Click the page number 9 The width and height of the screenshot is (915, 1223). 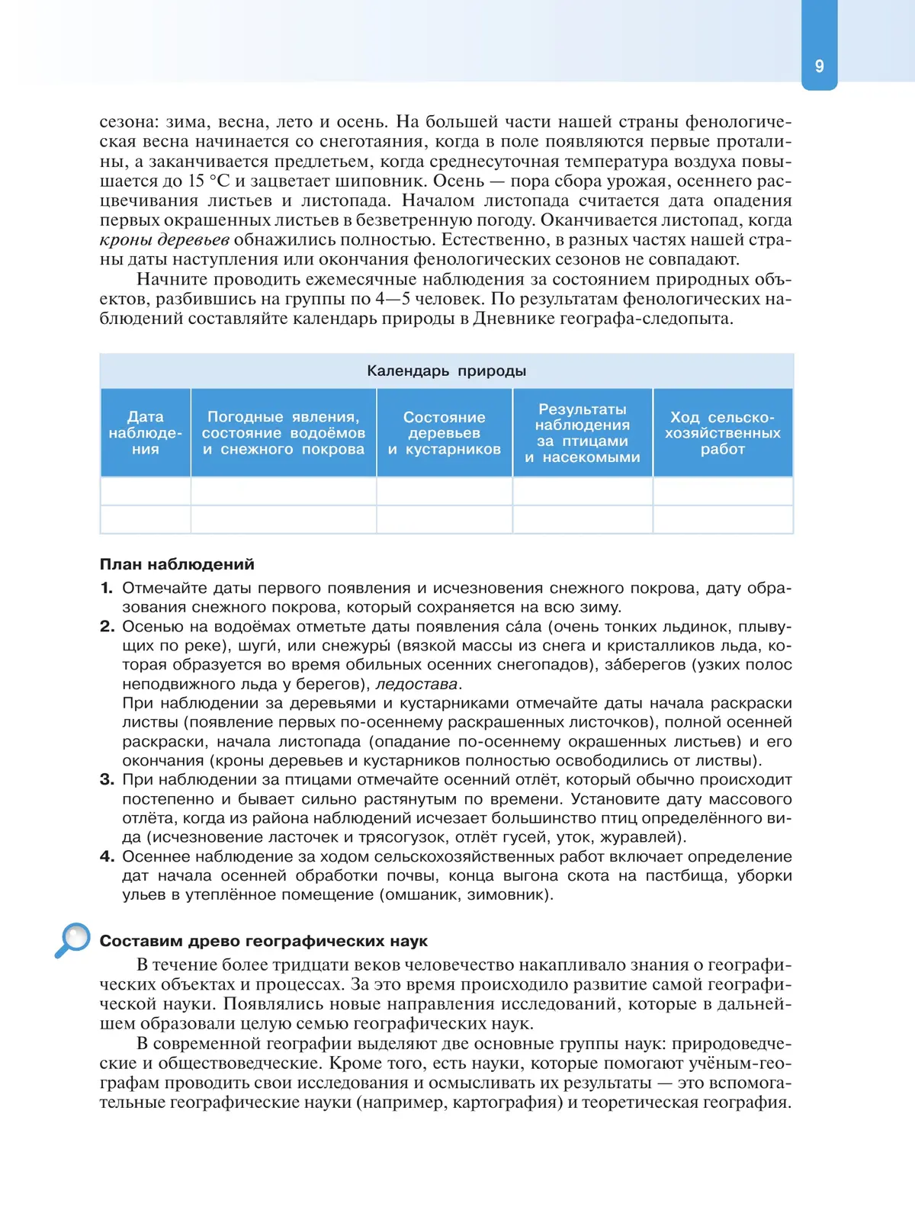819,66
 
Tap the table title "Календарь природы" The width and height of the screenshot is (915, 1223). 446,371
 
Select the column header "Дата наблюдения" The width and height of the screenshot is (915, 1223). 145,433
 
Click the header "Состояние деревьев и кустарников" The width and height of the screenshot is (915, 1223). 444,433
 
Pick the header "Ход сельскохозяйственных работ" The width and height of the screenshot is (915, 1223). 722,433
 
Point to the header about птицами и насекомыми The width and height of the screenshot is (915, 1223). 583,433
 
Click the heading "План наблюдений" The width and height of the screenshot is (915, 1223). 177,564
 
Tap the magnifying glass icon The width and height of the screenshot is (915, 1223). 73,940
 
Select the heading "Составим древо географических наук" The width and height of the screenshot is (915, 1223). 263,941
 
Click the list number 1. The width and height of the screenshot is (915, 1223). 106,588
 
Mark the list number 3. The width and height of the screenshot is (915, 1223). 107,779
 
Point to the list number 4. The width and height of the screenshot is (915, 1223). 107,856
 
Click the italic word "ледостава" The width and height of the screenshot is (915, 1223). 416,684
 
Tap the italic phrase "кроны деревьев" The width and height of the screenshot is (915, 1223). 164,240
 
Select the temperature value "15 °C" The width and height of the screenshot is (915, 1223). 208,181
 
